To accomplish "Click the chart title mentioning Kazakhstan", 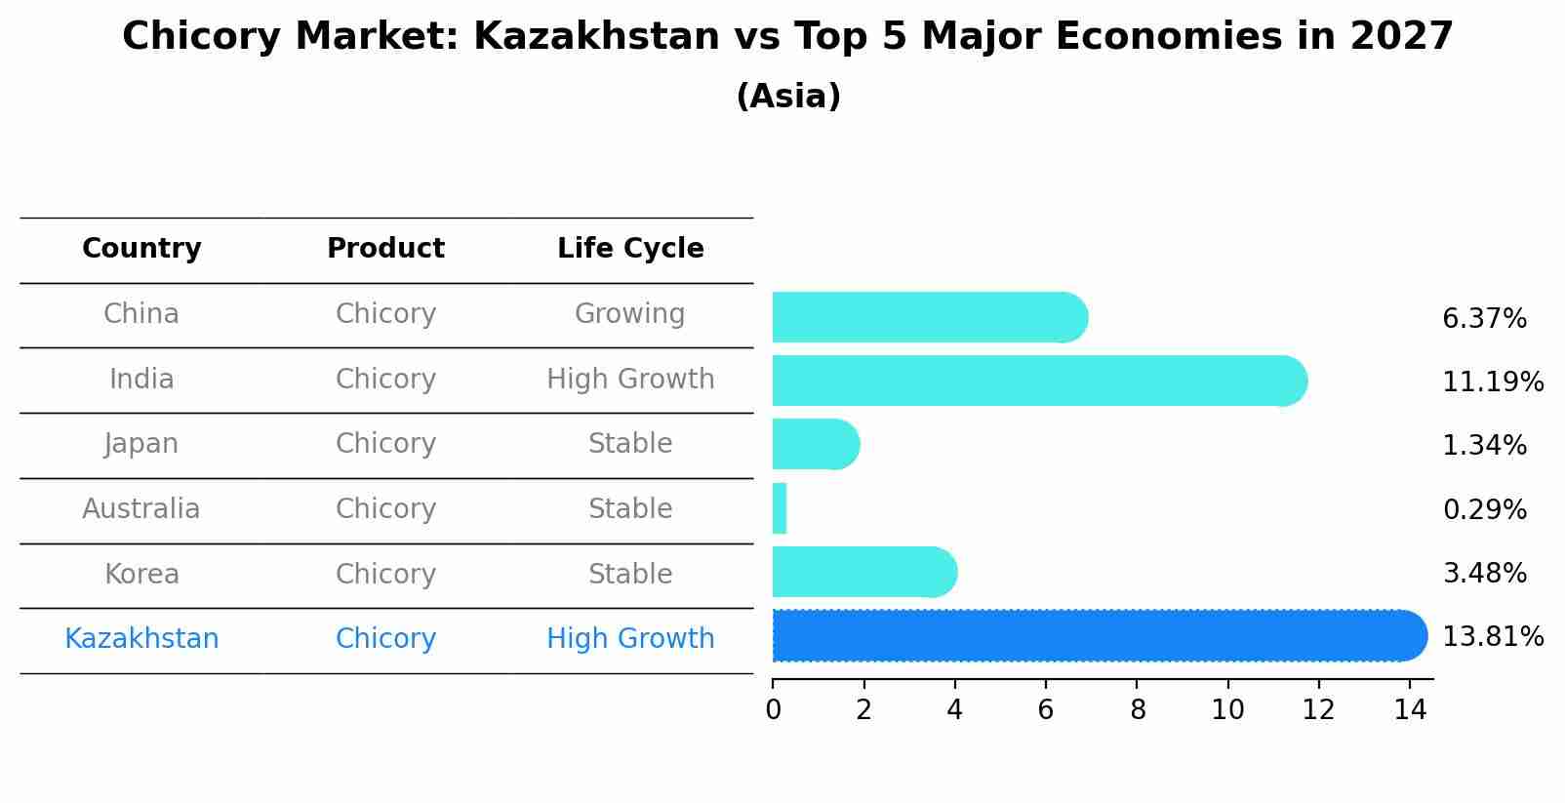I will (787, 37).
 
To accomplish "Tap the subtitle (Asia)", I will (787, 97).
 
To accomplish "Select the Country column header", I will (141, 249).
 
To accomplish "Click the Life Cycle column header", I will (630, 249).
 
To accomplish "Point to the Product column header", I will (385, 249).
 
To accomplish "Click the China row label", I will (141, 314).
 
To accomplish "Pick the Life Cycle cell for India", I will (630, 380).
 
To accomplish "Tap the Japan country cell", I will (141, 444).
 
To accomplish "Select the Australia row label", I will (141, 509).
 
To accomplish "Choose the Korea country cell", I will (141, 575).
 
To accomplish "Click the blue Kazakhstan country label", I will (141, 639).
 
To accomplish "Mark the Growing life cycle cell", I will (630, 314).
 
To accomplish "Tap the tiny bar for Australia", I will (780, 508).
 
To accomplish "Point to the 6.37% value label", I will (1484, 319).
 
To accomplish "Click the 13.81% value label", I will (1493, 637).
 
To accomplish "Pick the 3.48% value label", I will (1484, 574).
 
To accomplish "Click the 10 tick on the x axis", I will (1227, 710).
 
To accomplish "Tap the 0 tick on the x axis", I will (773, 710).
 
